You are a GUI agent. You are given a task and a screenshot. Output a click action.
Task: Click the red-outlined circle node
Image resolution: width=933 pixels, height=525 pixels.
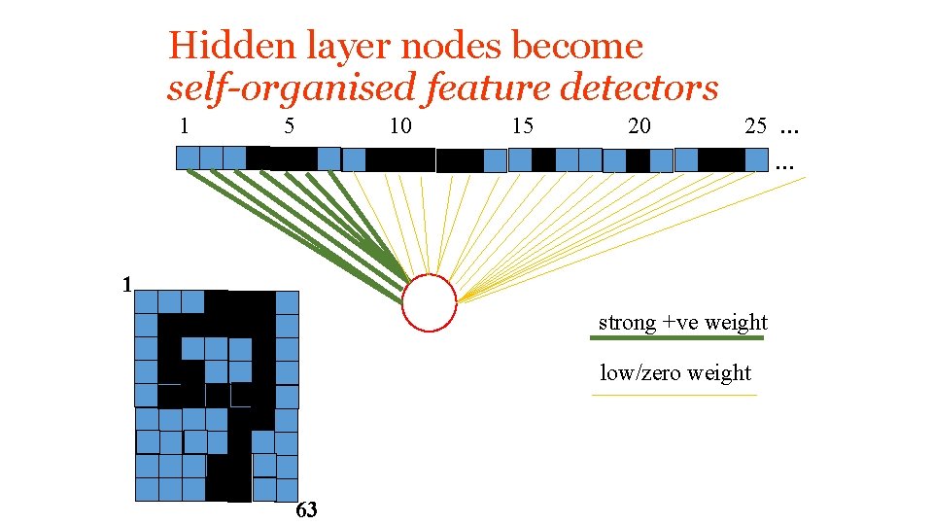(429, 303)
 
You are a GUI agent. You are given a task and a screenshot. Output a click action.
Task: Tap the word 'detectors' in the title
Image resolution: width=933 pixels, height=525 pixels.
(639, 87)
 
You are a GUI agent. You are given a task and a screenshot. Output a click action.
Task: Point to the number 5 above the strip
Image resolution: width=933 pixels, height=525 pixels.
(289, 125)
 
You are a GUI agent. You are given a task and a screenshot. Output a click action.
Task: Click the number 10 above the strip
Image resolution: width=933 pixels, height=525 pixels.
(399, 125)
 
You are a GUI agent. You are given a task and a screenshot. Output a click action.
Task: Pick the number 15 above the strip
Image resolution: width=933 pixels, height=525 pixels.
(523, 125)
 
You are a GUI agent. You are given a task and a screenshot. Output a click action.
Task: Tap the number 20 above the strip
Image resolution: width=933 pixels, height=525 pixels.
(639, 125)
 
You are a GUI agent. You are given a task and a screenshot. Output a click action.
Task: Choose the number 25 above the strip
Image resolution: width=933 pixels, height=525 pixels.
(755, 125)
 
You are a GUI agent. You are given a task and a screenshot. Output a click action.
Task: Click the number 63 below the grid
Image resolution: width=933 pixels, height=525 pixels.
(306, 510)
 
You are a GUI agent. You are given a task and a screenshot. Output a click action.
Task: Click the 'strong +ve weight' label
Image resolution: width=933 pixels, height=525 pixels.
(682, 323)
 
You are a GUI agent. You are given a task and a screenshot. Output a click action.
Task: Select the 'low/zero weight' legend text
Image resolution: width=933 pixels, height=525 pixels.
(675, 373)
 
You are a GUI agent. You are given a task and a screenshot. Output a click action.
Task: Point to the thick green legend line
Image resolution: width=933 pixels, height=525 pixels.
(677, 338)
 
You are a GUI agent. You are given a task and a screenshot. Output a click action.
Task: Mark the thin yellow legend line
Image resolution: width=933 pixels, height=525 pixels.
(674, 396)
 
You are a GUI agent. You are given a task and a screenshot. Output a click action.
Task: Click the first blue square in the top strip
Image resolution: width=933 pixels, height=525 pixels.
(188, 157)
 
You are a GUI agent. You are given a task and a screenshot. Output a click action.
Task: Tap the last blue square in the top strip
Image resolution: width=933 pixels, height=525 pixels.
(757, 158)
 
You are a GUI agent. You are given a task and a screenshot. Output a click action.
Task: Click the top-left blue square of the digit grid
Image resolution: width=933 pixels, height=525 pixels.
(146, 302)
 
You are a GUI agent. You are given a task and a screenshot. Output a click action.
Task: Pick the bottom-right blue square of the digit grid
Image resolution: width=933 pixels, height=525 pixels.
(287, 489)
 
